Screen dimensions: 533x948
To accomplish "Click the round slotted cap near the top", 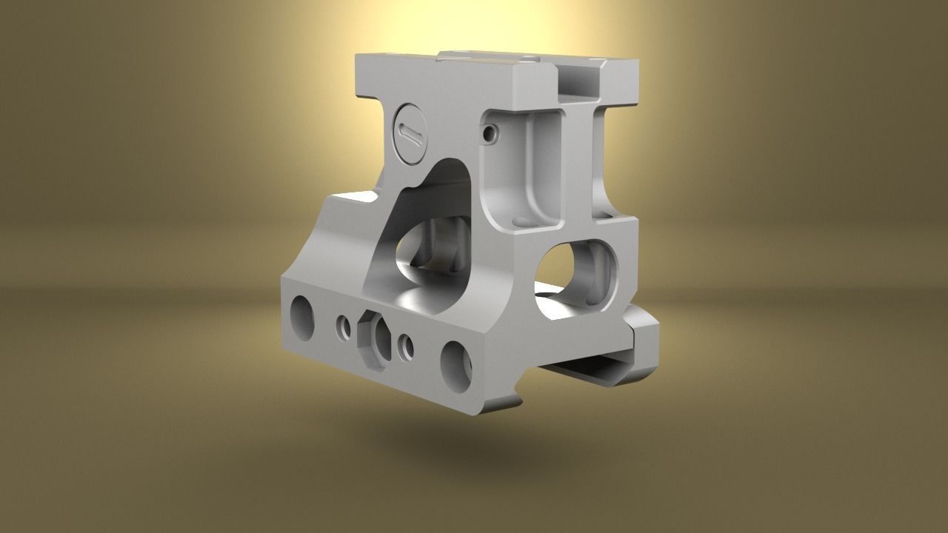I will pos(408,133).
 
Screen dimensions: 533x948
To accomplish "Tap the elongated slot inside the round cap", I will pos(408,133).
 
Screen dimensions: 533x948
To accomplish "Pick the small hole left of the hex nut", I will pos(343,329).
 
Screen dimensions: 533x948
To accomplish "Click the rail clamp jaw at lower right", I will pos(642,348).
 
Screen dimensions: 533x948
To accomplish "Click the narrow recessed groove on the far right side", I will pos(598,163).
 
